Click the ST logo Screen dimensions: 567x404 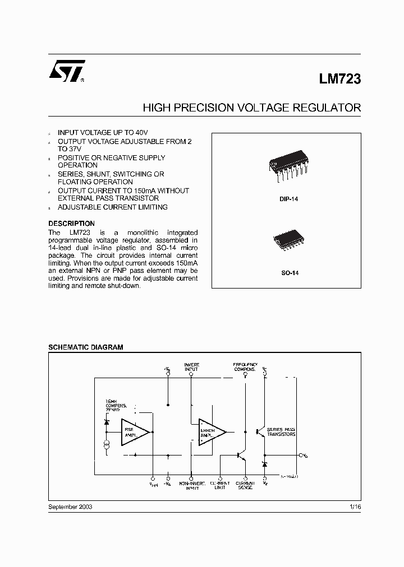(x=67, y=72)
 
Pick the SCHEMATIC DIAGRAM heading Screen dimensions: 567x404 (x=85, y=347)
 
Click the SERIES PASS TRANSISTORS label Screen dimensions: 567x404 (x=281, y=432)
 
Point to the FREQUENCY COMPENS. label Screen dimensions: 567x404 (x=245, y=367)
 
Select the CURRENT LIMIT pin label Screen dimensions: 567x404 (x=220, y=485)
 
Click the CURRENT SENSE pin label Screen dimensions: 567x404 (x=245, y=485)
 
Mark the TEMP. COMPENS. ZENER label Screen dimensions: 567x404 (x=116, y=406)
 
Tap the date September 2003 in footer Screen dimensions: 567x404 (x=70, y=506)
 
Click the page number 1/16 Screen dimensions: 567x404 (x=355, y=506)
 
